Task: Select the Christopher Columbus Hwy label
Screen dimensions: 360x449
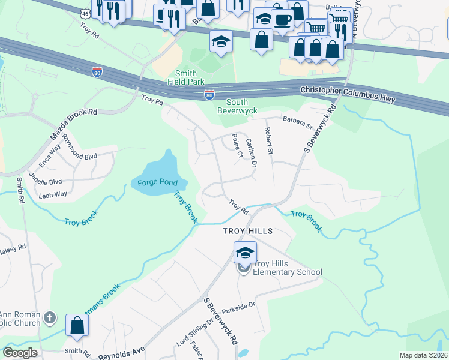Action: (x=348, y=95)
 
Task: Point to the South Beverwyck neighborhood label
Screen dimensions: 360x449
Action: (x=237, y=107)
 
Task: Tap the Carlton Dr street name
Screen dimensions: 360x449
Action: (x=252, y=152)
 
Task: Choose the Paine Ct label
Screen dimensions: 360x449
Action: (x=236, y=146)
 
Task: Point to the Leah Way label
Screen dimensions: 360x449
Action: (x=53, y=194)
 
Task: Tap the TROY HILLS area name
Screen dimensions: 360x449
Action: (x=247, y=231)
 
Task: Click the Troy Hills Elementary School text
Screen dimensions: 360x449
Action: (x=286, y=268)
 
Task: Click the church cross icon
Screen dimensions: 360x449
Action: (x=50, y=317)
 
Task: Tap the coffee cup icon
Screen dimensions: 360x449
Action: (x=282, y=19)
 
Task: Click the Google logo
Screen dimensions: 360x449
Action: (x=20, y=353)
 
